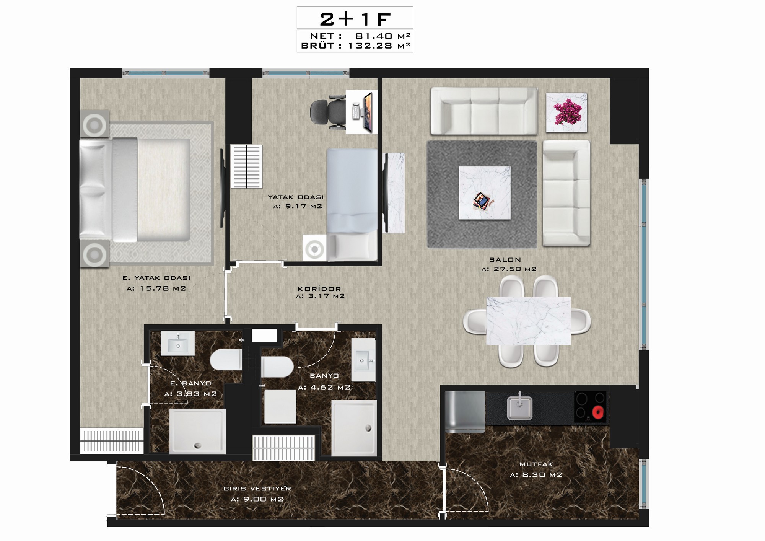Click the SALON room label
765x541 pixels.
505,260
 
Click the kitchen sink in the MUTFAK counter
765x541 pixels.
519,407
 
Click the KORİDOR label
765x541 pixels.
319,289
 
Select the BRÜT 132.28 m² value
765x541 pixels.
379,46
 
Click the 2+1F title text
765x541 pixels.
355,19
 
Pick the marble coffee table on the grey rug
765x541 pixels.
485,193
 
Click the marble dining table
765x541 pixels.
528,321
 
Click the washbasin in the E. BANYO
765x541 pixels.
177,343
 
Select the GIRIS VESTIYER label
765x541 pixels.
257,489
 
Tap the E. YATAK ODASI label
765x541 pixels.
156,278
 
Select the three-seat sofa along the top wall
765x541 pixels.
484,111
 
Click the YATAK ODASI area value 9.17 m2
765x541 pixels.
298,206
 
